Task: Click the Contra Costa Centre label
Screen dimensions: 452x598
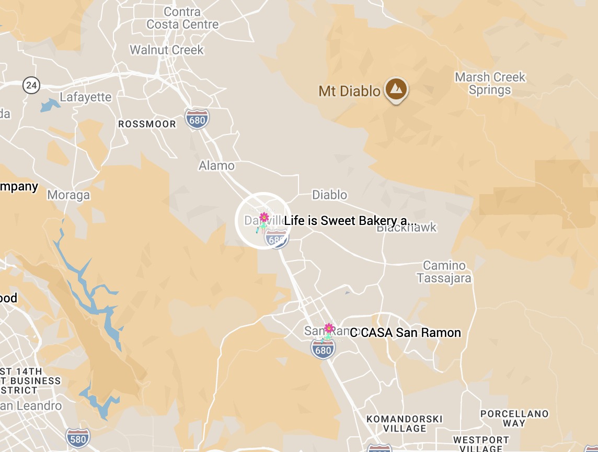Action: point(182,18)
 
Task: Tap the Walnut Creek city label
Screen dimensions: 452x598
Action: point(167,50)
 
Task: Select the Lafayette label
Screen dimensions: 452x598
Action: point(86,97)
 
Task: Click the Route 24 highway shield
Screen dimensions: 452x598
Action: point(31,85)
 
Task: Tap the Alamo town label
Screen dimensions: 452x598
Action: point(216,166)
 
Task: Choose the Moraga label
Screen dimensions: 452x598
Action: point(68,195)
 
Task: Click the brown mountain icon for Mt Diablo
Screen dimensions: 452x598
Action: point(396,89)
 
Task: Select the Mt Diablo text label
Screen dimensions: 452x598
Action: point(349,92)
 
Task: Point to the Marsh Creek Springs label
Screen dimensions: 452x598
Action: point(490,84)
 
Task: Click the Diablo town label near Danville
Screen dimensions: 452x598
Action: point(329,195)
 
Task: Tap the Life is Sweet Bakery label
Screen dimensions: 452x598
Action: point(351,221)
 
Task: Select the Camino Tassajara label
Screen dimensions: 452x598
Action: point(444,272)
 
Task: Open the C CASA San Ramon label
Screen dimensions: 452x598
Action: point(406,333)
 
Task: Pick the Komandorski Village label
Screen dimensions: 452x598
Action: point(404,424)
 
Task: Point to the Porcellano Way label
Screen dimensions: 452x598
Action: point(514,419)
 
